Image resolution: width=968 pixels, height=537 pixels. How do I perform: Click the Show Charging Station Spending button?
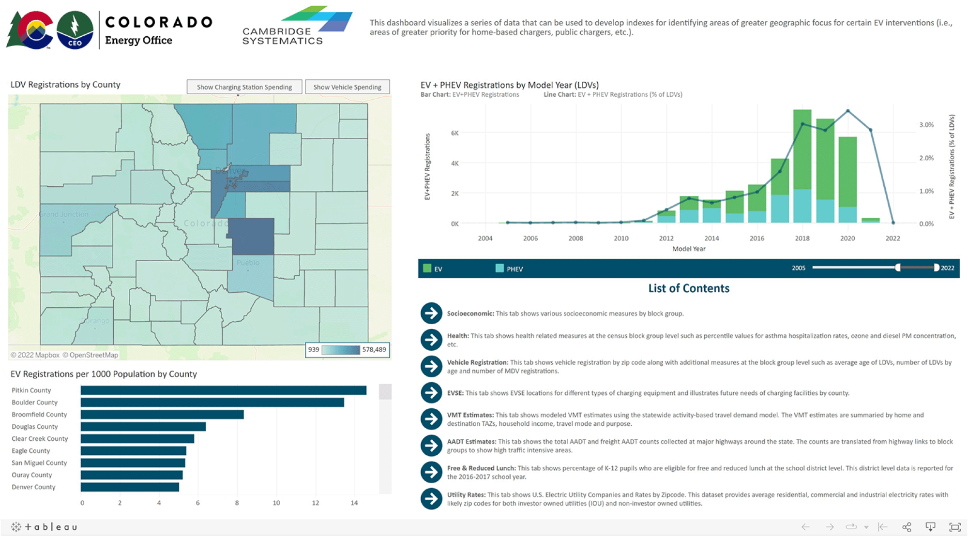(x=244, y=87)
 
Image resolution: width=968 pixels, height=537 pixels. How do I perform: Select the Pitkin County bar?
(x=223, y=390)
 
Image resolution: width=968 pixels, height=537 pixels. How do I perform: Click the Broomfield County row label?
(x=39, y=415)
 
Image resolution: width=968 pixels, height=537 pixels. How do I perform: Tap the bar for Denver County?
(x=130, y=487)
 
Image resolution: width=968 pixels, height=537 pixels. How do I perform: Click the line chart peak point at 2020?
(x=847, y=111)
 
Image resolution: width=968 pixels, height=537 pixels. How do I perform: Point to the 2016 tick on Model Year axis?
(x=756, y=239)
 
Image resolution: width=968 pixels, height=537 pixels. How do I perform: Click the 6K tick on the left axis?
(x=454, y=133)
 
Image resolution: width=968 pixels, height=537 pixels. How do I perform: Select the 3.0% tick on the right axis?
(x=926, y=125)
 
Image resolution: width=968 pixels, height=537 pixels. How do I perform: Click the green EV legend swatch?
(x=427, y=268)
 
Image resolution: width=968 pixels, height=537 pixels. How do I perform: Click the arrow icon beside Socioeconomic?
(x=431, y=313)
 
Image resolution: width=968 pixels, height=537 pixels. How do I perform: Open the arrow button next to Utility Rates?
(x=431, y=499)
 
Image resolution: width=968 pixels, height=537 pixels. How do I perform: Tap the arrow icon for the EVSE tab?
(x=431, y=393)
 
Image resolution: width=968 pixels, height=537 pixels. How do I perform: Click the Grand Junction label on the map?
(x=64, y=214)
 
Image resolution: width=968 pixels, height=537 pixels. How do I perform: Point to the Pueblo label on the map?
(x=248, y=263)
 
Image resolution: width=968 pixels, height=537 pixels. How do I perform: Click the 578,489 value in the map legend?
(x=374, y=350)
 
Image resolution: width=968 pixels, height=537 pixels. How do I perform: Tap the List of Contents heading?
(x=688, y=288)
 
